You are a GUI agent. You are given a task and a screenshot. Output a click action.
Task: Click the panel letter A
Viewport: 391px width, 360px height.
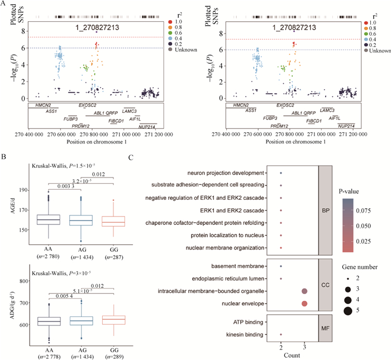(x=5, y=5)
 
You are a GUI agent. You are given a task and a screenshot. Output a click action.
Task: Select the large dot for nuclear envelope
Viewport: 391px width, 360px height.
(x=304, y=303)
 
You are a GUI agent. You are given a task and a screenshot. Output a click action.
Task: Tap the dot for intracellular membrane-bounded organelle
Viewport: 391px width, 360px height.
(x=304, y=291)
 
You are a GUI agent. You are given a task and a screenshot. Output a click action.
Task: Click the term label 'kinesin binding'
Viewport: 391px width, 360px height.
(x=244, y=334)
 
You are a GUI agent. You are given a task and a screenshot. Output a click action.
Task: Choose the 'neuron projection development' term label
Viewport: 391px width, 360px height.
(x=224, y=173)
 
